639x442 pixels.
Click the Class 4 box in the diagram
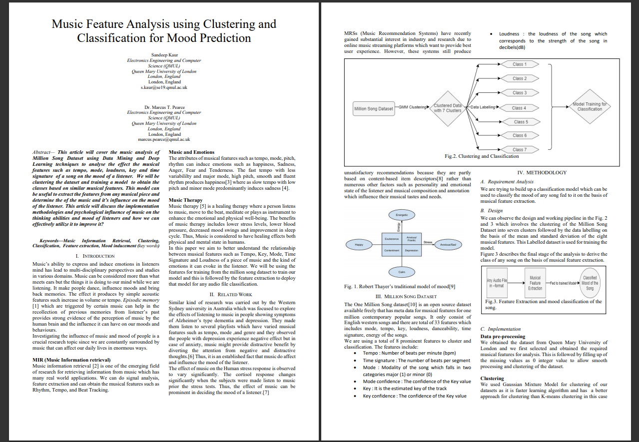519,107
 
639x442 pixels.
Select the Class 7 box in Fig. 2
519,149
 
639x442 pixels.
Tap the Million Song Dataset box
373,108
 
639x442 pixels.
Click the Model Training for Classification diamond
590,106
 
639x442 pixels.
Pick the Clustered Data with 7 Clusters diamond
448,108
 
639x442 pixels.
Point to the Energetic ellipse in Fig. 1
402,215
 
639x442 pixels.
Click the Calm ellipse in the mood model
402,272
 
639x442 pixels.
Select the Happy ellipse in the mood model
359,245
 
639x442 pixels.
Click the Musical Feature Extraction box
535,283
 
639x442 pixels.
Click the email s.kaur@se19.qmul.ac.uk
164,87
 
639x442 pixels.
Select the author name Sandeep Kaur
164,54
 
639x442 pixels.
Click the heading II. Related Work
231,295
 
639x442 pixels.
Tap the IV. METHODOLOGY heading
543,172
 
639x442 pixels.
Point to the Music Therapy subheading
186,200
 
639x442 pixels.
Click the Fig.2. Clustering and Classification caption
482,156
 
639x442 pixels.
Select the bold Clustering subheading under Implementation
492,378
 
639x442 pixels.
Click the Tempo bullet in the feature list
409,353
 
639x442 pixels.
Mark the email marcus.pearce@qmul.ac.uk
164,140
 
